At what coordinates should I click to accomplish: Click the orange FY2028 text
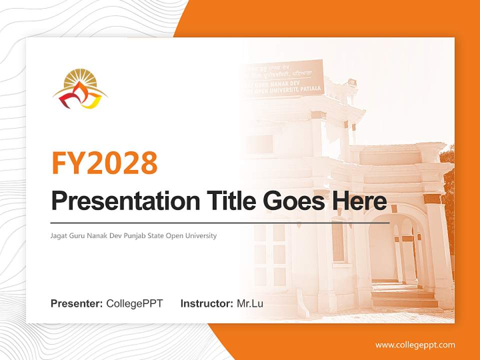104,162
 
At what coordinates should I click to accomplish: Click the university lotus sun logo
80,89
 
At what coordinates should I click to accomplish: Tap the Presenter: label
76,303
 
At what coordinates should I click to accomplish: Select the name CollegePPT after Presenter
134,303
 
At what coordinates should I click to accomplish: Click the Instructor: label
206,303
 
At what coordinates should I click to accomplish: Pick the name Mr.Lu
250,303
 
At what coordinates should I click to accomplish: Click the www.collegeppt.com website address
415,345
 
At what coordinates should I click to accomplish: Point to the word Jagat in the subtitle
59,235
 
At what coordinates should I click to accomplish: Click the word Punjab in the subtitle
139,235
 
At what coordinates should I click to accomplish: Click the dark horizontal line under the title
220,222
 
